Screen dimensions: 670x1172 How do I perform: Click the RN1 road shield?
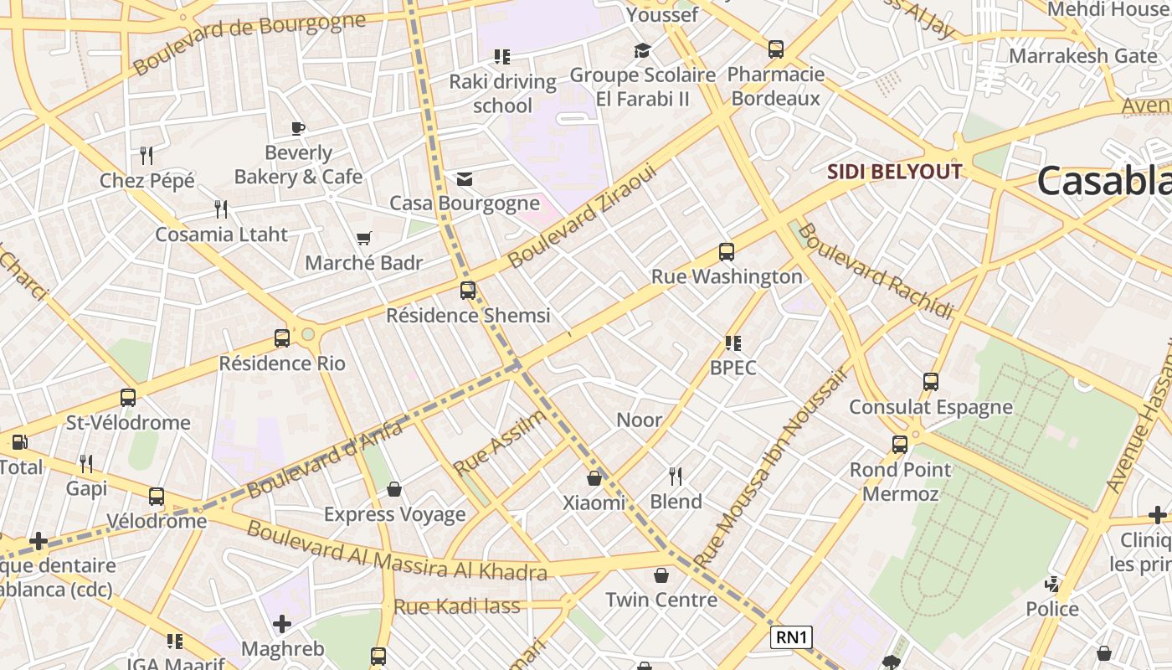(791, 637)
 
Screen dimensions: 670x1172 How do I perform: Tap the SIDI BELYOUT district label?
(894, 172)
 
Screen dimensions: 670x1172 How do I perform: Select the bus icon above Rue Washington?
(727, 252)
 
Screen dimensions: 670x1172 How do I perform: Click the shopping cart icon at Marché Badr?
(363, 239)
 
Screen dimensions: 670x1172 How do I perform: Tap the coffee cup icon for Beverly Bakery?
(298, 128)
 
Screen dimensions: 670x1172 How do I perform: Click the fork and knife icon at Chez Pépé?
(146, 156)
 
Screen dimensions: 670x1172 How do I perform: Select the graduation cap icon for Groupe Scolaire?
(642, 51)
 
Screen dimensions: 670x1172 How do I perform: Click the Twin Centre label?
(661, 600)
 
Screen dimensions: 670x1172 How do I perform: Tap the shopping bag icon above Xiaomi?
(594, 478)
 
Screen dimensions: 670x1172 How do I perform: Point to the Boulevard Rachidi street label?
(876, 271)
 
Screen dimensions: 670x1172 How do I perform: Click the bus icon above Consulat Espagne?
(930, 382)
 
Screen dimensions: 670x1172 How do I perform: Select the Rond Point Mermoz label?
(901, 482)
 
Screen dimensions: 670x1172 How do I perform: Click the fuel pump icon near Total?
(19, 442)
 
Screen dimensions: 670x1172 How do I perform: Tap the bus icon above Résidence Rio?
(282, 338)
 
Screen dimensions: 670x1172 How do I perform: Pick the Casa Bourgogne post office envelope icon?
(465, 179)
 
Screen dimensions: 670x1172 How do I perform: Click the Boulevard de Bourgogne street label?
(249, 43)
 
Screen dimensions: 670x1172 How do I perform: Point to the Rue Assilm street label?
(500, 442)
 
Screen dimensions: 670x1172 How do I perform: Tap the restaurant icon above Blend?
(676, 477)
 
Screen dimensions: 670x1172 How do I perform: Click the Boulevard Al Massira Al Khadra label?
(396, 552)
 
